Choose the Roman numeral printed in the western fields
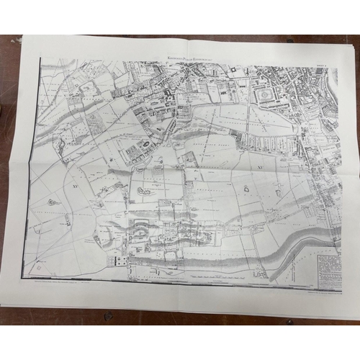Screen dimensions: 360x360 pyautogui.click(x=74, y=185)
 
